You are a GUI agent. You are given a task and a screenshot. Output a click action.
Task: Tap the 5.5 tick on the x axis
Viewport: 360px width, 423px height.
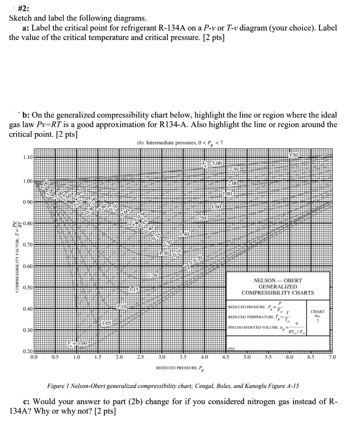(x=268, y=357)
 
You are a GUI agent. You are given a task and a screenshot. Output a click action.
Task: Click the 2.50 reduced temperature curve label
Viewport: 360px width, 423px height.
(x=234, y=170)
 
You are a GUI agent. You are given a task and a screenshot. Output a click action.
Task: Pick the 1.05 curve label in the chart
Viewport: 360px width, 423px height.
(x=106, y=322)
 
